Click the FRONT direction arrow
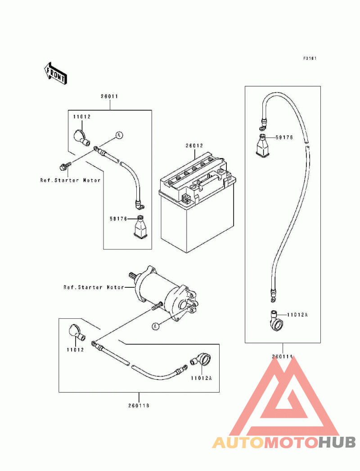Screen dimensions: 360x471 tap(56, 73)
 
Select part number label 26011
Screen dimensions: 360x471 tap(109, 96)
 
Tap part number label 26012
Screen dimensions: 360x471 tap(194, 146)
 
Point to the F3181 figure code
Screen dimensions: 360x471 tap(310, 58)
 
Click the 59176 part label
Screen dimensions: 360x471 tap(284, 138)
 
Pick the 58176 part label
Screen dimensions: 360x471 tap(118, 219)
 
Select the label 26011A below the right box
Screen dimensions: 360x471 tap(282, 357)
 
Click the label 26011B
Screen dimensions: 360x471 tap(139, 406)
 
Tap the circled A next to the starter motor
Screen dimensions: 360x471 tap(155, 326)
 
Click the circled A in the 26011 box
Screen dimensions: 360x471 tap(119, 136)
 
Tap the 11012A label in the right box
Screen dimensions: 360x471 tap(297, 315)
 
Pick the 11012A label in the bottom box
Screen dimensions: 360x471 tap(201, 378)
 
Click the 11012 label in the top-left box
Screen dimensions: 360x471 tap(81, 117)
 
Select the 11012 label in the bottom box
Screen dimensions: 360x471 tap(75, 350)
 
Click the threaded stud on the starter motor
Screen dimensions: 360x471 tap(157, 306)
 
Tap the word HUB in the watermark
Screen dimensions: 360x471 tap(337, 442)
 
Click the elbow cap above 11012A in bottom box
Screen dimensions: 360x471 tap(201, 360)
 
